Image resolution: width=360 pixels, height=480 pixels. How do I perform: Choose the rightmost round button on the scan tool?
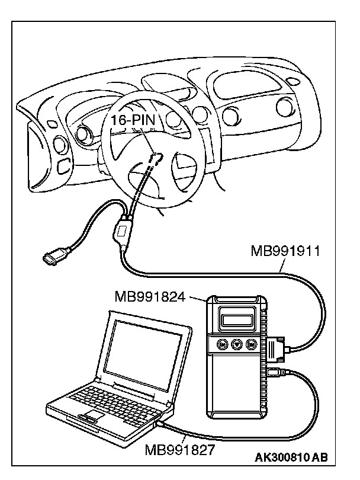click(x=251, y=344)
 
